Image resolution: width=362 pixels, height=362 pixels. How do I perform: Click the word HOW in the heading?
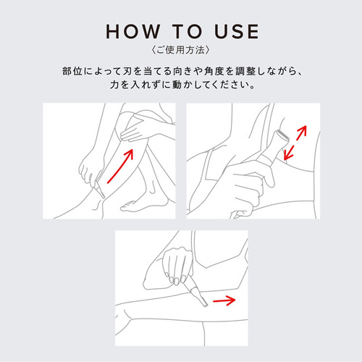133,31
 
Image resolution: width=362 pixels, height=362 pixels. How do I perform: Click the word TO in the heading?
188,31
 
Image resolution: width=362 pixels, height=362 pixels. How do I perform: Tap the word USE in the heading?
237,31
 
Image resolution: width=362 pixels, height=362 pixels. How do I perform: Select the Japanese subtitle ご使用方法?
181,50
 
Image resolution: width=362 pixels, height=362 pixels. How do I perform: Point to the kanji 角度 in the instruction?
215,71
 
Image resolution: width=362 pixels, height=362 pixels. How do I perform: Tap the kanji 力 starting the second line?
114,85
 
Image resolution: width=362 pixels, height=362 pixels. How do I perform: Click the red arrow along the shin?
120,166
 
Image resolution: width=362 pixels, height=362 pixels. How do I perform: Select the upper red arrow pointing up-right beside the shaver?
301,132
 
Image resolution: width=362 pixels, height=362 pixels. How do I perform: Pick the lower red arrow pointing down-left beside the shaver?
289,153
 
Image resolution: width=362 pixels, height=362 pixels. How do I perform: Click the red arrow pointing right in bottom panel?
224,300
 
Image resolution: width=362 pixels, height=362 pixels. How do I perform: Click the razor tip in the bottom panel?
204,303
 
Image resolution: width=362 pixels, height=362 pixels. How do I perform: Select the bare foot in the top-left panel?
143,205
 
